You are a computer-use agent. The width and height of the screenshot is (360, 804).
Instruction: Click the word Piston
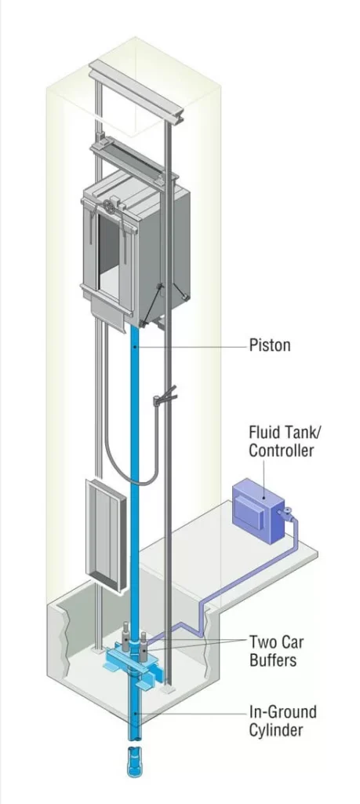coord(270,345)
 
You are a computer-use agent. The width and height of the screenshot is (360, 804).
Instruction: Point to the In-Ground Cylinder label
coord(282,720)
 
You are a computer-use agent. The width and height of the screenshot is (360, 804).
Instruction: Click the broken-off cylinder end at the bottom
coord(134,762)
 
